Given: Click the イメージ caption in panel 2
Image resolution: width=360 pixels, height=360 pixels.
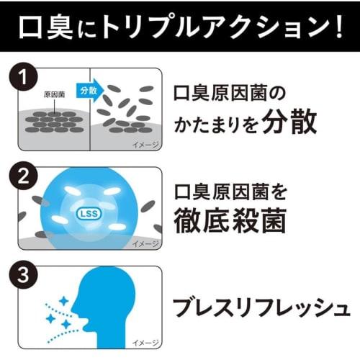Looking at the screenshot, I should coord(145,244).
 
